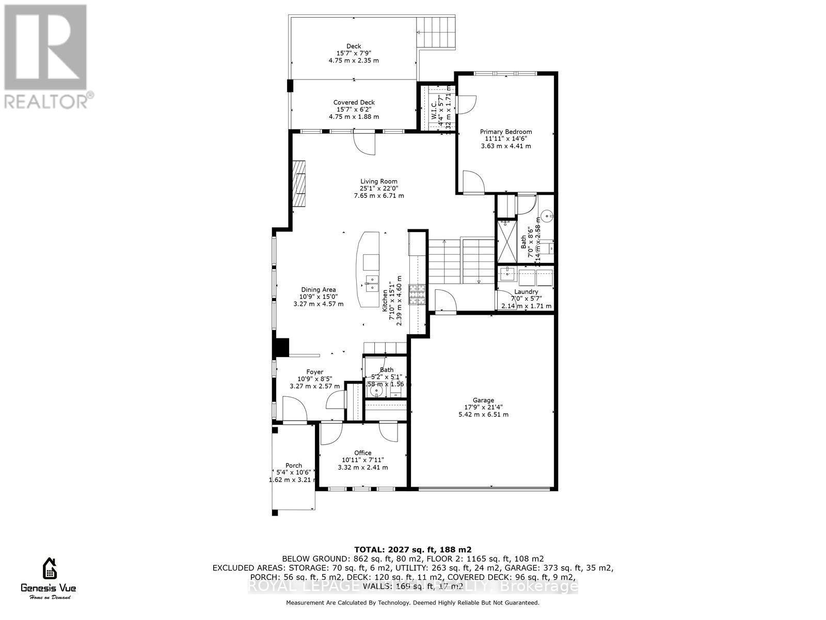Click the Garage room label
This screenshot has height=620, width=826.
point(483,400)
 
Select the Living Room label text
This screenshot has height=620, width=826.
point(378,181)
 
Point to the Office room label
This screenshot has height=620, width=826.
point(362,453)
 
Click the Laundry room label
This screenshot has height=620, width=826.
point(526,292)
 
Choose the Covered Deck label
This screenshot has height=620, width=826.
point(354,102)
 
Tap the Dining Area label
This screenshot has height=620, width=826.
point(319,290)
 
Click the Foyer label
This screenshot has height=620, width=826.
point(314,372)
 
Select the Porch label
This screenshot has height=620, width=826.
point(294,466)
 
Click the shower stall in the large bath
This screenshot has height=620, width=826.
point(506,242)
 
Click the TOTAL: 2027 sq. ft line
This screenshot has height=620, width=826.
point(412,549)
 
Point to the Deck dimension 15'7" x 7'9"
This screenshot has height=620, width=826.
point(354,53)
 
